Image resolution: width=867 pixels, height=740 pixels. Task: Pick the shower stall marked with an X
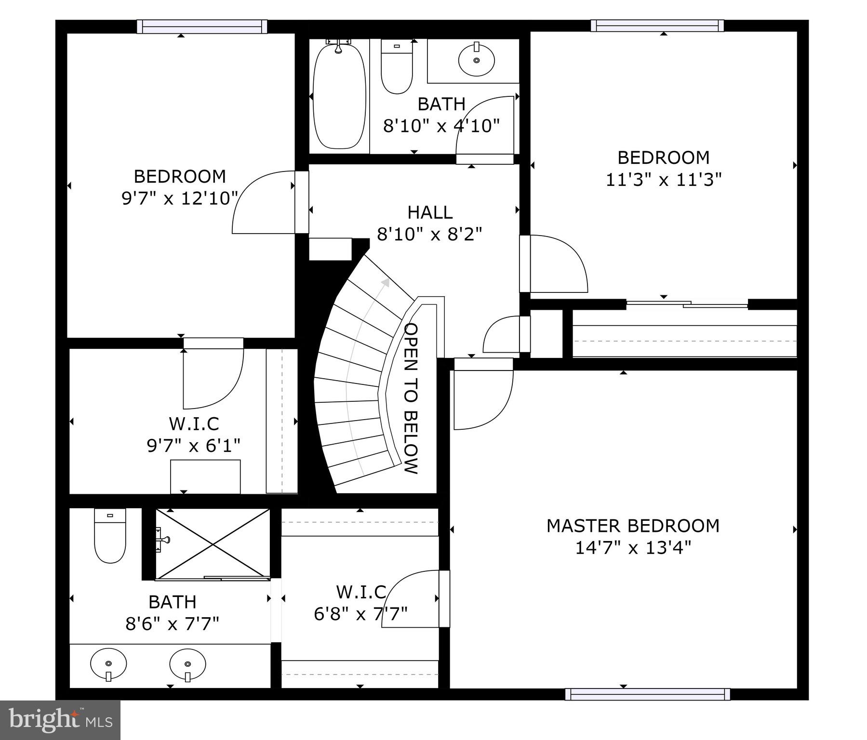click(213, 543)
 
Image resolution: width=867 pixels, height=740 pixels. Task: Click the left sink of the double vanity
click(108, 664)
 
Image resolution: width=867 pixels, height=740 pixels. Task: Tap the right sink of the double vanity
click(187, 664)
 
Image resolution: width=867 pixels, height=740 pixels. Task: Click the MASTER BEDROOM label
click(633, 526)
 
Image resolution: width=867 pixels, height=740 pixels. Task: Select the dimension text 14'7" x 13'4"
click(633, 548)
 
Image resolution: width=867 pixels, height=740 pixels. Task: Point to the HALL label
click(430, 212)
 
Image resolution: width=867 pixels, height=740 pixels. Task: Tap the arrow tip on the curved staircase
click(386, 282)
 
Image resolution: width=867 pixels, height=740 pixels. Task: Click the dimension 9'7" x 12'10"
click(180, 198)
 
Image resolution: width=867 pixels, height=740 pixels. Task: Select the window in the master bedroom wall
click(647, 694)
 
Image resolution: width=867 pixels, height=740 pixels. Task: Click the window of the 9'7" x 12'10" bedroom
click(201, 26)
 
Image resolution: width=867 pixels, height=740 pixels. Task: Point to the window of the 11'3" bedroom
click(657, 25)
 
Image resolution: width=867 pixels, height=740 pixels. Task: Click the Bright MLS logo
click(60, 720)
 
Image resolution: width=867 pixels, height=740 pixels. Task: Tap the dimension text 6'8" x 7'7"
click(360, 614)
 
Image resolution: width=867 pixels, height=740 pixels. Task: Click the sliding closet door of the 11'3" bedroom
click(687, 304)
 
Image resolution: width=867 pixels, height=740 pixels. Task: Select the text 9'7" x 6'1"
click(193, 446)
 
